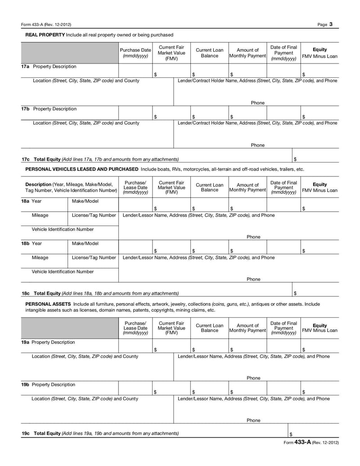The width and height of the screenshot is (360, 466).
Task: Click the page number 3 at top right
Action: [x=331, y=24]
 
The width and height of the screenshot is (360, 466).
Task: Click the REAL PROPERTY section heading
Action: [x=45, y=35]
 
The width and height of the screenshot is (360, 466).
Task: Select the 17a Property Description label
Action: [x=49, y=67]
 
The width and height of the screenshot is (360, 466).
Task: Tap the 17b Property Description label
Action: [x=49, y=109]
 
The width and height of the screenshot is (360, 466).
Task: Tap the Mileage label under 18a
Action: [x=40, y=215]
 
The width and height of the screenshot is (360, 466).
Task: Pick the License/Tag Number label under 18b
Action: [x=94, y=258]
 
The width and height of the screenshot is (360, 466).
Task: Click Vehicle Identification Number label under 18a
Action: [x=63, y=229]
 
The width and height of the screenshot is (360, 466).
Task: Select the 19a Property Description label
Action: [x=48, y=342]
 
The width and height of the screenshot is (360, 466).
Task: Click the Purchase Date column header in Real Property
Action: [x=135, y=53]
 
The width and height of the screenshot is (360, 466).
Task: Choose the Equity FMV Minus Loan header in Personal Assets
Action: [x=319, y=327]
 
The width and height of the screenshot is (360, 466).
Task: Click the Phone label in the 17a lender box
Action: [x=257, y=103]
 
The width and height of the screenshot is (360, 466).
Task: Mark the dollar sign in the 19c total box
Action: [x=291, y=434]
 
